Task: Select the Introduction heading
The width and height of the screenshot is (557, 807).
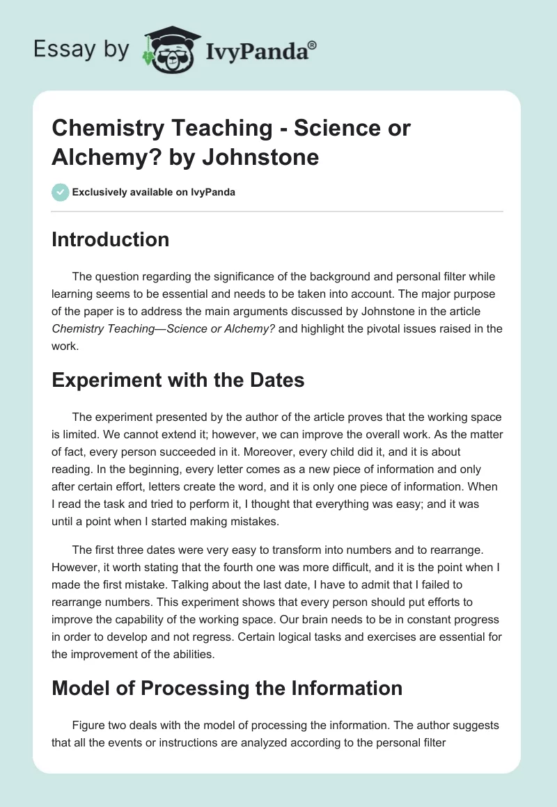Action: click(110, 239)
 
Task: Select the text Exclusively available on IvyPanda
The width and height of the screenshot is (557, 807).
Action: click(153, 192)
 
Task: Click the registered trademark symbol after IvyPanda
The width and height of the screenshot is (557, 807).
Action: click(313, 45)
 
